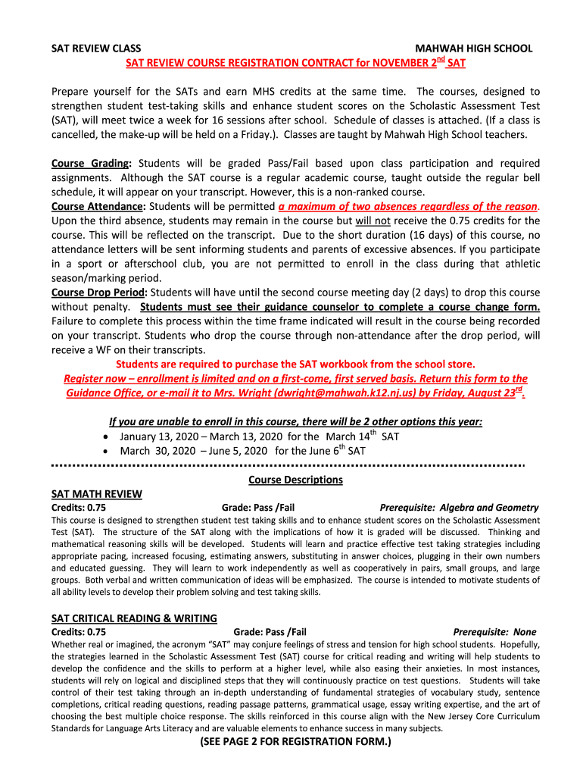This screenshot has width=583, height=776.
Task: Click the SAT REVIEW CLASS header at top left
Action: [x=95, y=48]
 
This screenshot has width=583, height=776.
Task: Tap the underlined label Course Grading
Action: [x=91, y=164]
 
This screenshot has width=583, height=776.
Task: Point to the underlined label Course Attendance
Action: [x=98, y=207]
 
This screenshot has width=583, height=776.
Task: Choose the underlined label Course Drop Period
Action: [x=99, y=293]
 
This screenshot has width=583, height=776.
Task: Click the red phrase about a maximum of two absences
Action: [x=408, y=207]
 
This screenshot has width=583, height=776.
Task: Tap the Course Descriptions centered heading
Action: [x=295, y=480]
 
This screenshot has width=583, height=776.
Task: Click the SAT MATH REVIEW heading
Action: [x=96, y=494]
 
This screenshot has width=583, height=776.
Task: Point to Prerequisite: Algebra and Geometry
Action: [x=459, y=508]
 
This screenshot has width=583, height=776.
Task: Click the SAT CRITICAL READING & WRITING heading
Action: [x=134, y=618]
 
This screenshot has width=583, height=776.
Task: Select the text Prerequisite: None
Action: [x=494, y=631]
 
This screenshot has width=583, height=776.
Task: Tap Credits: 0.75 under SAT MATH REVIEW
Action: [x=78, y=508]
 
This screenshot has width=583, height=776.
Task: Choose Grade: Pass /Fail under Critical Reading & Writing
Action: [x=270, y=631]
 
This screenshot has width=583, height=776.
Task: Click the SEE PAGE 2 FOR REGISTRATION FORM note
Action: [x=295, y=742]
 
